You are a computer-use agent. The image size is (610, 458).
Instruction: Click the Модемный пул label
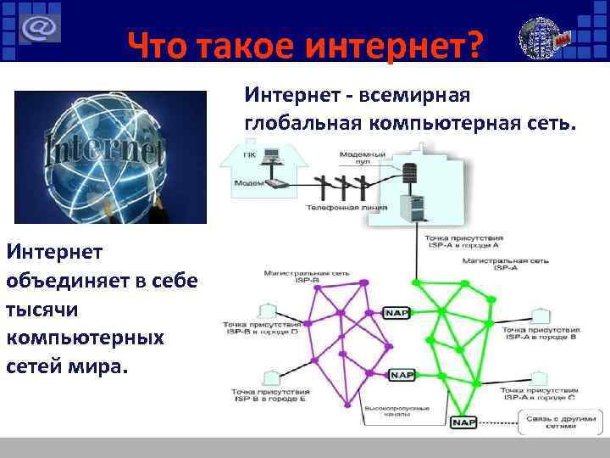363,159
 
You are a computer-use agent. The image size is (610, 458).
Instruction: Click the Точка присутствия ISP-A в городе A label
464,243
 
